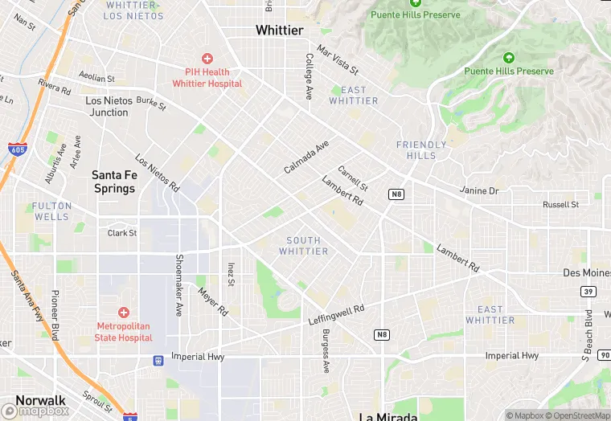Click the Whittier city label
pos(279,31)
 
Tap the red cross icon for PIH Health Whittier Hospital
pos(207,59)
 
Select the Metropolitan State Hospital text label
pos(124,332)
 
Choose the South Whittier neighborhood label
pos(303,246)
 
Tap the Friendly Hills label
pos(420,149)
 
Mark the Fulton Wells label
pos(51,211)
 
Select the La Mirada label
pos(388,416)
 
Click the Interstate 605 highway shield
pos(16,149)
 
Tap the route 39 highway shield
pos(589,292)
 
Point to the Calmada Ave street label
pos(306,157)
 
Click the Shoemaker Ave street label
pos(178,275)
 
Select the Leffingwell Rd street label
pos(336,313)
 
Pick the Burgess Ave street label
pos(326,351)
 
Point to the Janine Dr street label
pos(479,191)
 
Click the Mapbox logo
pos(35,411)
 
